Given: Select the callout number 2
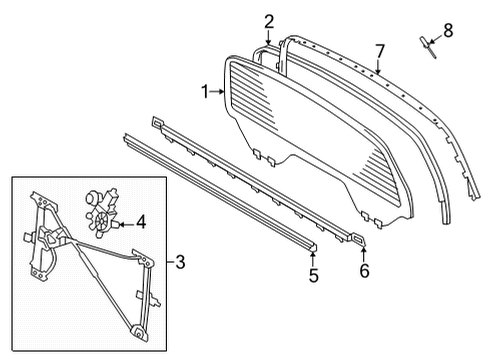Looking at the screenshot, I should pyautogui.click(x=268, y=21).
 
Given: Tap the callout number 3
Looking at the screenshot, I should pyautogui.click(x=180, y=263).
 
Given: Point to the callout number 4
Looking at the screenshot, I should pyautogui.click(x=141, y=222).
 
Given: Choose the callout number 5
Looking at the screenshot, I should pyautogui.click(x=313, y=275).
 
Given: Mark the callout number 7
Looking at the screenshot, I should pyautogui.click(x=380, y=49).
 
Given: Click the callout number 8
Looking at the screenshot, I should pyautogui.click(x=447, y=31).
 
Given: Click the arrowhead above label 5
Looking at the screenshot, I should pyautogui.click(x=313, y=253).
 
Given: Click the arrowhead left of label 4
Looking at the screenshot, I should pyautogui.click(x=121, y=222).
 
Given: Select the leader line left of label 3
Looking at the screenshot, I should pyautogui.click(x=168, y=263).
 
